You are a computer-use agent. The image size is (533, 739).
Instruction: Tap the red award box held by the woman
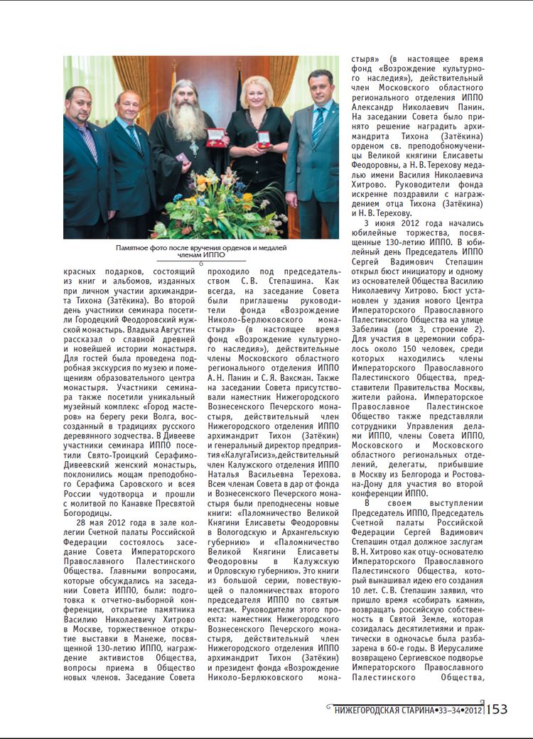click(x=264, y=139)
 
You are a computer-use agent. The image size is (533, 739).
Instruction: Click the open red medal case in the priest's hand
click(x=216, y=137)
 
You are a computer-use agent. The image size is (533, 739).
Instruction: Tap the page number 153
click(x=497, y=709)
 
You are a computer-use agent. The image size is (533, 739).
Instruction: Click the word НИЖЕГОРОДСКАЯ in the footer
click(x=372, y=710)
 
